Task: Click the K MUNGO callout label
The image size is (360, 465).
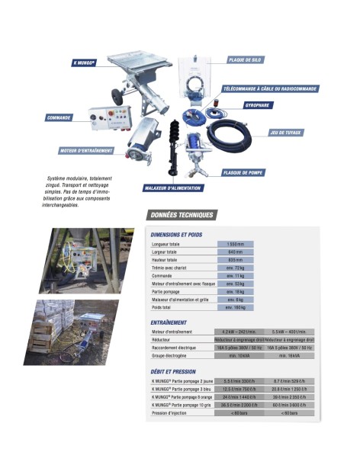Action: click(x=84, y=63)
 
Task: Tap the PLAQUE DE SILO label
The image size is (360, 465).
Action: click(x=246, y=59)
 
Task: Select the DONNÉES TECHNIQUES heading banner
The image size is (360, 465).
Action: click(x=183, y=215)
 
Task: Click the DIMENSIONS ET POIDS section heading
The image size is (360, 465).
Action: click(x=176, y=233)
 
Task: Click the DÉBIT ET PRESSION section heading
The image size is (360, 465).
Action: click(x=173, y=372)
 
